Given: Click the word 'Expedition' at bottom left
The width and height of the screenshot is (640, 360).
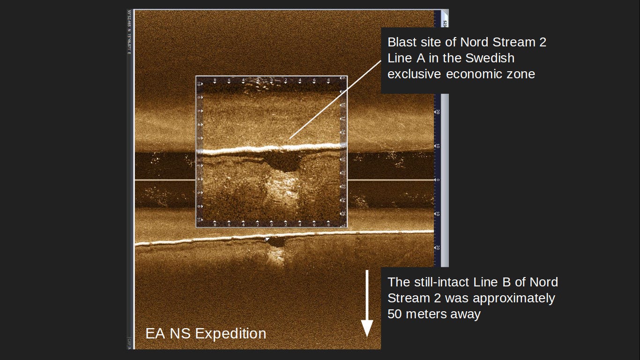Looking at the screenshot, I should [231, 333].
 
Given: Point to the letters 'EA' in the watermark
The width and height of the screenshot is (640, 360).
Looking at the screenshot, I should [155, 333].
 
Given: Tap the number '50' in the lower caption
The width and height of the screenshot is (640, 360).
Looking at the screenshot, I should [394, 314].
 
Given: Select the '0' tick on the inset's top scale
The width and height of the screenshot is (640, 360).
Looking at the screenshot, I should [272, 81].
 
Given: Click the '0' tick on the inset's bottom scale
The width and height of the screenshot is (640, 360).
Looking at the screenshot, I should [272, 224].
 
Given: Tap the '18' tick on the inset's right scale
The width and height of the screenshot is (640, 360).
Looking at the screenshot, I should [343, 159].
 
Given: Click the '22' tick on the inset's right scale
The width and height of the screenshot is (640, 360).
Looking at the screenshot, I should [343, 186].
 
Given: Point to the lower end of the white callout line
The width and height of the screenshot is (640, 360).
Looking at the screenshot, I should [290, 138].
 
